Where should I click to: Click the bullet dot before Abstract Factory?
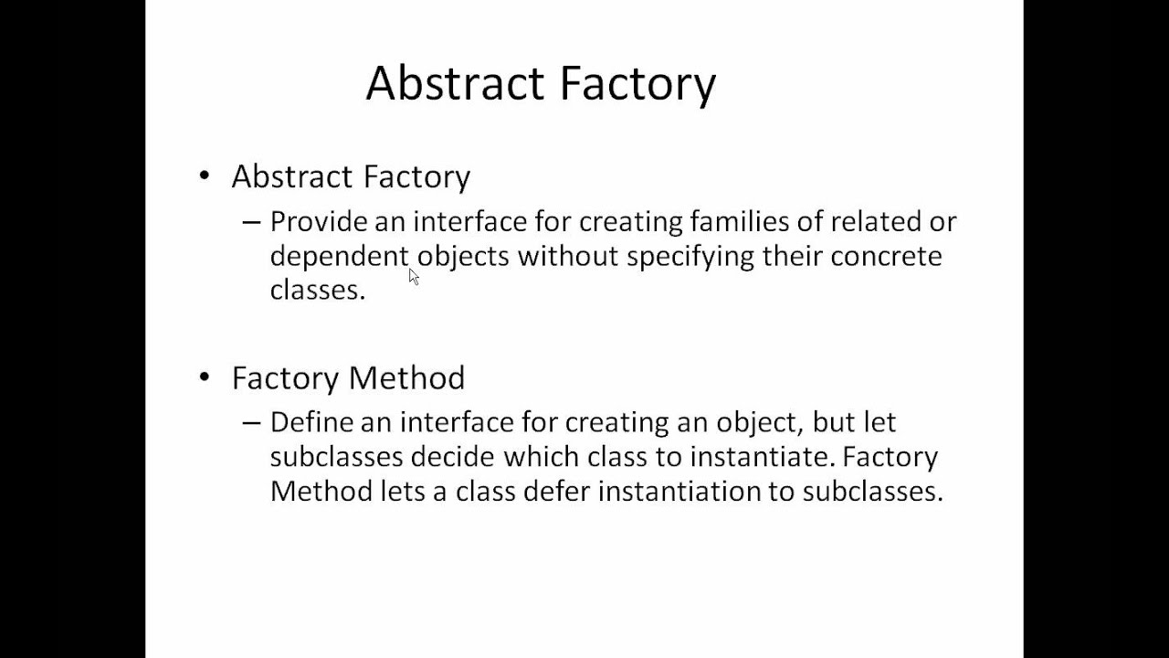coord(205,175)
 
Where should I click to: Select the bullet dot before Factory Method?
coord(205,377)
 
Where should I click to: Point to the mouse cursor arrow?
coord(413,276)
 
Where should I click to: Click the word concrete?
coord(885,256)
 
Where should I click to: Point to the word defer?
coord(558,492)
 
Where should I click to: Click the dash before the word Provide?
coord(251,223)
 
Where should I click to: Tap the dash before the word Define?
coord(251,423)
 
